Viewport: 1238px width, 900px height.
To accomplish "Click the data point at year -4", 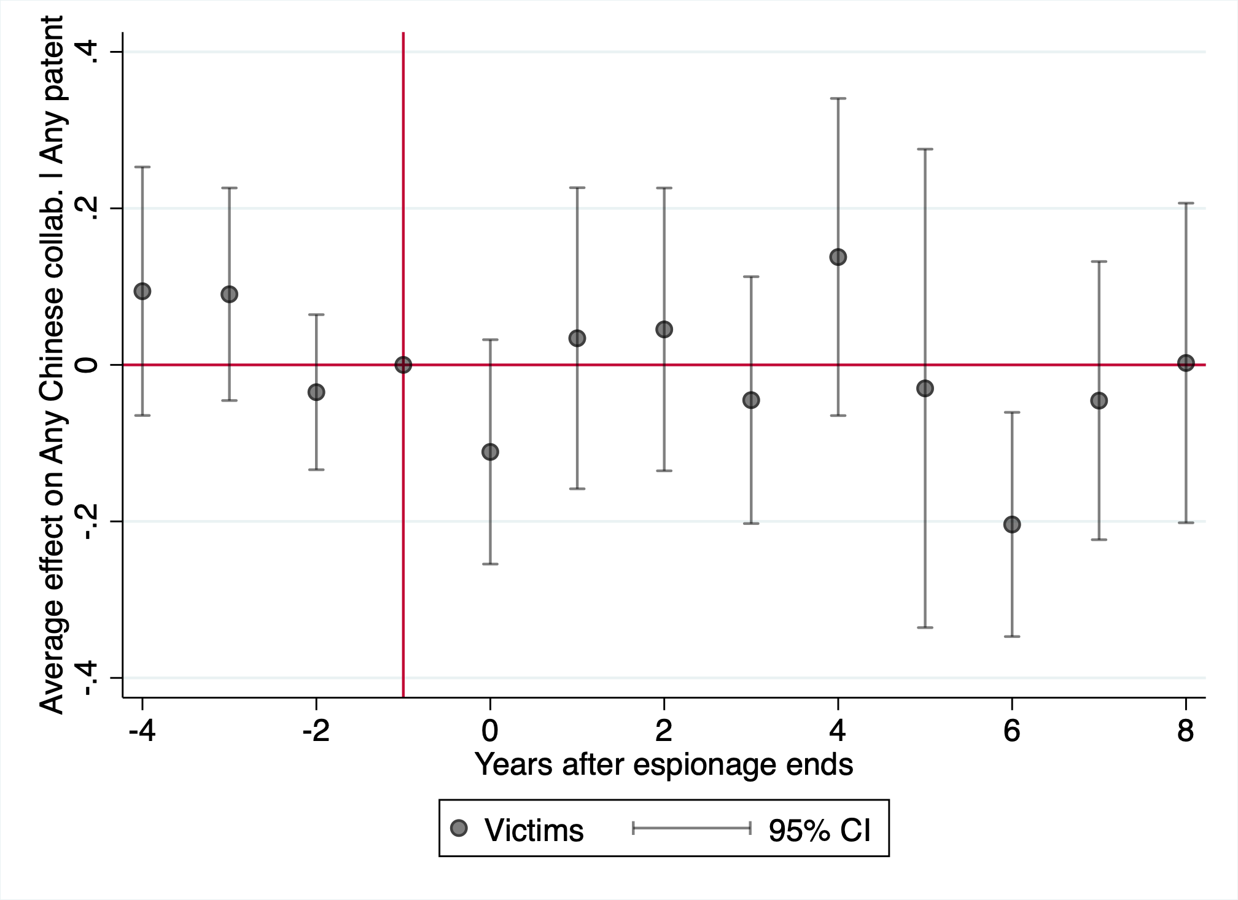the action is point(142,291).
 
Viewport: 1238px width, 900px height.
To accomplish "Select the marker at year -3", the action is point(229,294).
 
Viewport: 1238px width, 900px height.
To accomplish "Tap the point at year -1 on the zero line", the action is point(403,365).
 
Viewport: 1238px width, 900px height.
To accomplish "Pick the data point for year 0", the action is point(490,452).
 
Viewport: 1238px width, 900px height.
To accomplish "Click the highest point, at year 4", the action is point(838,257).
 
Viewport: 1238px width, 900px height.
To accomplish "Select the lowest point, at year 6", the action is point(1012,524).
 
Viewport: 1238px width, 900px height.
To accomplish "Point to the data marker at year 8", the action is point(1186,363).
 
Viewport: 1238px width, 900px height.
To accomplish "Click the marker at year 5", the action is point(925,388).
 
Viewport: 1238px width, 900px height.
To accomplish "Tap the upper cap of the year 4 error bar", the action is point(838,98).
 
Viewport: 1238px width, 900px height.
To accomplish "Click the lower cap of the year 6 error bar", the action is point(1012,637).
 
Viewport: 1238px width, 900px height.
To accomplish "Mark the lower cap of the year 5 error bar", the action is point(925,627).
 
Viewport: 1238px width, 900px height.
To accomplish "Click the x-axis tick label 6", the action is point(1012,731).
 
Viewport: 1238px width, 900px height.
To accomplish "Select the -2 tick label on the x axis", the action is point(316,731).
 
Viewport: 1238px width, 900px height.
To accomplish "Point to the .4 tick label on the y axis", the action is point(88,52).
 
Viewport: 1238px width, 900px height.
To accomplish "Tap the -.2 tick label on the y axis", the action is point(88,522).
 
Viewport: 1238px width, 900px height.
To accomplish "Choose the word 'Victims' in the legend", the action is point(534,830).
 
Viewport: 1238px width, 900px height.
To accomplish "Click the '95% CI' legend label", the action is point(819,830).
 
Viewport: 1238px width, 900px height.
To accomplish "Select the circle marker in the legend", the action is point(459,829).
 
